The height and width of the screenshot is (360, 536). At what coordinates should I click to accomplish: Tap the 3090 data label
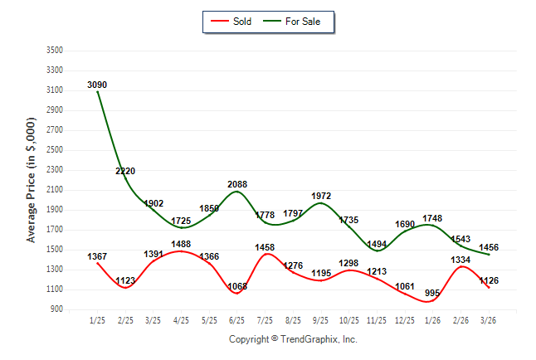point(97,85)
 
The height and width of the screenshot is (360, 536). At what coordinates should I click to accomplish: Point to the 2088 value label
point(237,184)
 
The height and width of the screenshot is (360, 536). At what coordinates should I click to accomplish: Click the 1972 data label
point(321,196)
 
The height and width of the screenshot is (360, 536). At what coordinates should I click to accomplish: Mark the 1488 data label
point(182,243)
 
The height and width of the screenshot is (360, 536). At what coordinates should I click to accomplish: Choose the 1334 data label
point(461,260)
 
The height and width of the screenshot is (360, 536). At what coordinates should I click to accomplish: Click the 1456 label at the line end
point(489,248)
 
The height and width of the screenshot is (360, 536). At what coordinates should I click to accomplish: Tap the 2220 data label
point(125,171)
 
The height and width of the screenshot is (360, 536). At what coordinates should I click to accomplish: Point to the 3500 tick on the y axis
point(54,50)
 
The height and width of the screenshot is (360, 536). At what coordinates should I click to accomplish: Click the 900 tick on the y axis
point(56,309)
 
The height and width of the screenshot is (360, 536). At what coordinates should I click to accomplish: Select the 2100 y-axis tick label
point(54,190)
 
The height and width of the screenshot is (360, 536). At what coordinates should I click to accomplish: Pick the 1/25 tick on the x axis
point(97,319)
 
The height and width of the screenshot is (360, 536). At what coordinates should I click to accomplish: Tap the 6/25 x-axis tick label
point(237,319)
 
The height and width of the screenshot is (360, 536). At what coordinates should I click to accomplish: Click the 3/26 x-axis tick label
point(489,319)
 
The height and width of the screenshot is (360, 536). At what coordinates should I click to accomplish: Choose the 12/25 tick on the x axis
point(405,319)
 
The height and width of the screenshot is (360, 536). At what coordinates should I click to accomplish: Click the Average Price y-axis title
point(32,179)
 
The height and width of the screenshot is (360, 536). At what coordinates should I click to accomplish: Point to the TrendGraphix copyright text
point(292,339)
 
